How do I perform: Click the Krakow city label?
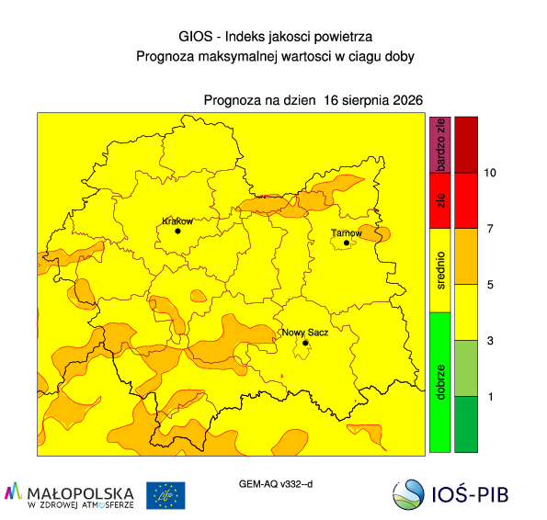(177, 221)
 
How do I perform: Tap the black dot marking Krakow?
(177, 232)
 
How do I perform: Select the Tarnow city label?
(347, 232)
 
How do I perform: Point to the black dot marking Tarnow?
(347, 243)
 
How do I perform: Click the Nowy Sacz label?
(305, 333)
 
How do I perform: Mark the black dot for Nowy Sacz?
(305, 343)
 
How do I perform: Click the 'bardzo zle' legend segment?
(440, 144)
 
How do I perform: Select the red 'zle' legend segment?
(440, 201)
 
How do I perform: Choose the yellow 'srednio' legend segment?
(440, 270)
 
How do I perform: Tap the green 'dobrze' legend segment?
(440, 382)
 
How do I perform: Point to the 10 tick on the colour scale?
(490, 173)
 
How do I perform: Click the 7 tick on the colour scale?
(490, 229)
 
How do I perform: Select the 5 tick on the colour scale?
(490, 285)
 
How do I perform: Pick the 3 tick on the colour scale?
(490, 341)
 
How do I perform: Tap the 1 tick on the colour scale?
(491, 397)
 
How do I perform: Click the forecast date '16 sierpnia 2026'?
(373, 100)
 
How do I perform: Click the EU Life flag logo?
(165, 495)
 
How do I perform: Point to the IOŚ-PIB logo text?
(470, 494)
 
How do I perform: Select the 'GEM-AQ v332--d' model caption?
(276, 484)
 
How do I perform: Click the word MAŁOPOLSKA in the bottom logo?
(80, 493)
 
